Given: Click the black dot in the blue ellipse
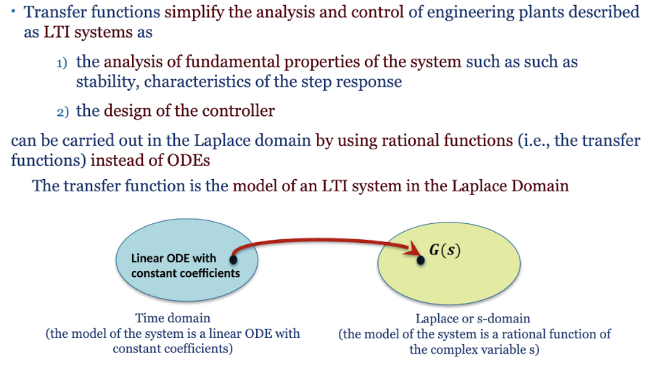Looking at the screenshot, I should click(x=233, y=258).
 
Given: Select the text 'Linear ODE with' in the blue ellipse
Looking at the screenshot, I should click(x=173, y=258).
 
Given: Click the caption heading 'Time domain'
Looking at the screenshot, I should click(x=173, y=317).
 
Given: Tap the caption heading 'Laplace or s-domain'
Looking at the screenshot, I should click(x=472, y=318).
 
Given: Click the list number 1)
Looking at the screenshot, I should click(x=62, y=64).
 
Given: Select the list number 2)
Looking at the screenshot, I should click(x=62, y=112).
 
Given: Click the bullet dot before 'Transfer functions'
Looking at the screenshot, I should click(x=14, y=10).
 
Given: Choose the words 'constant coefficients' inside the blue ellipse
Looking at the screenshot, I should click(x=185, y=273).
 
